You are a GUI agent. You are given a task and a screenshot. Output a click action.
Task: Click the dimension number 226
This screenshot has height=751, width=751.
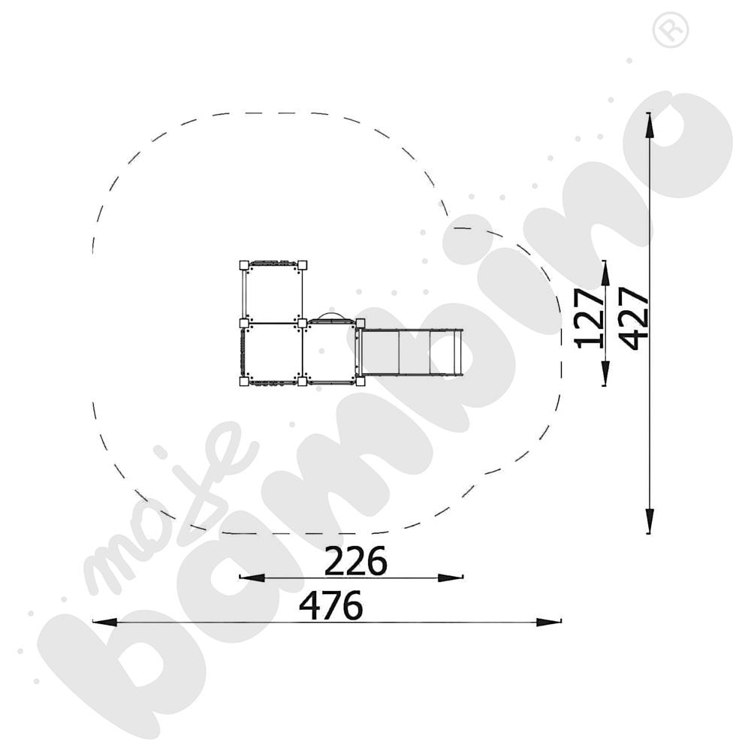(x=355, y=560)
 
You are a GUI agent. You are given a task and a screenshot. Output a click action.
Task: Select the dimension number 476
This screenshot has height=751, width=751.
(x=330, y=605)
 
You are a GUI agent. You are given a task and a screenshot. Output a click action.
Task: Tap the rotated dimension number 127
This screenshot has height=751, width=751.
(x=589, y=318)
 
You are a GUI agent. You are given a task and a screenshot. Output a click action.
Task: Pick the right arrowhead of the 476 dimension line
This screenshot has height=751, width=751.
(x=549, y=622)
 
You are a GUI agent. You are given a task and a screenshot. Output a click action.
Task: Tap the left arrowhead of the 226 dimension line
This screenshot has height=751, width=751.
(x=252, y=578)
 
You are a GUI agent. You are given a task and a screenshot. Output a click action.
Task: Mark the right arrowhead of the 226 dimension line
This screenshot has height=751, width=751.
(x=451, y=578)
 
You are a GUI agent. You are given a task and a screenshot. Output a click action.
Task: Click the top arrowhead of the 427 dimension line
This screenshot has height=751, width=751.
(x=649, y=126)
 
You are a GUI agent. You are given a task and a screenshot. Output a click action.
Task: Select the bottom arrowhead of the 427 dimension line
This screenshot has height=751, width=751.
(x=649, y=520)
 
